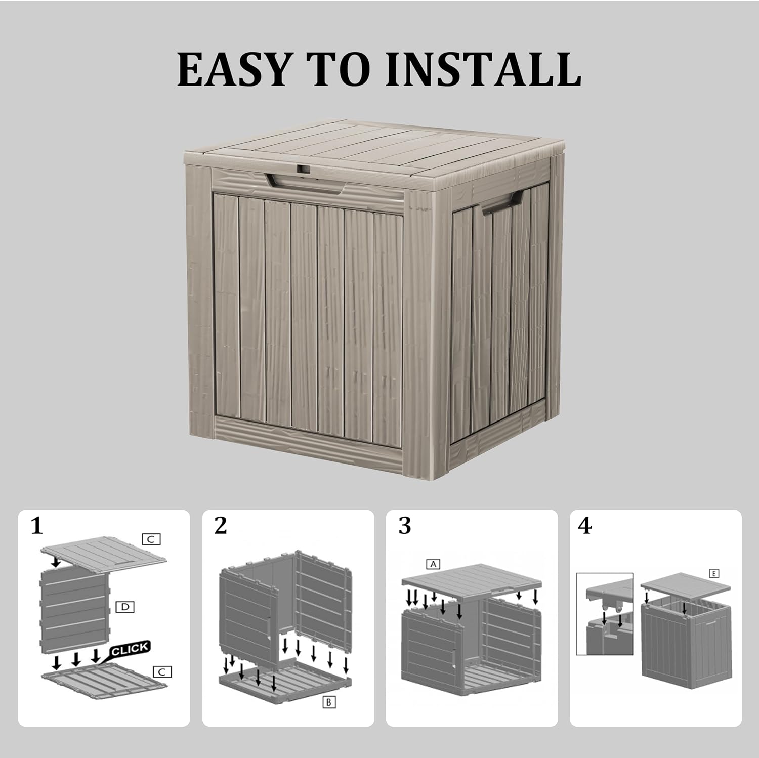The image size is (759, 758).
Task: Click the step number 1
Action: pos(37,526)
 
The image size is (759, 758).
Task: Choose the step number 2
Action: pos(221,526)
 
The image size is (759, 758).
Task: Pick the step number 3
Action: pos(404,526)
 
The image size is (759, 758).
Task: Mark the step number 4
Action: pos(584,526)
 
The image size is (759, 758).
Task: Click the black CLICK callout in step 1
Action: pos(130,650)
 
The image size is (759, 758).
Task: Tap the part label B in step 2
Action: pos(329,702)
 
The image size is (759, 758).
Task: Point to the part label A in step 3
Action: pos(433,564)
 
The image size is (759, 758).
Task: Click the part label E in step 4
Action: pos(714,573)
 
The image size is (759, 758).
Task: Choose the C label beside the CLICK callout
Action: pos(162,672)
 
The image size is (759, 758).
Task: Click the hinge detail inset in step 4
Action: pos(605,614)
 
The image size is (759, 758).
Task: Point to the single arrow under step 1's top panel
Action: pos(56,562)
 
